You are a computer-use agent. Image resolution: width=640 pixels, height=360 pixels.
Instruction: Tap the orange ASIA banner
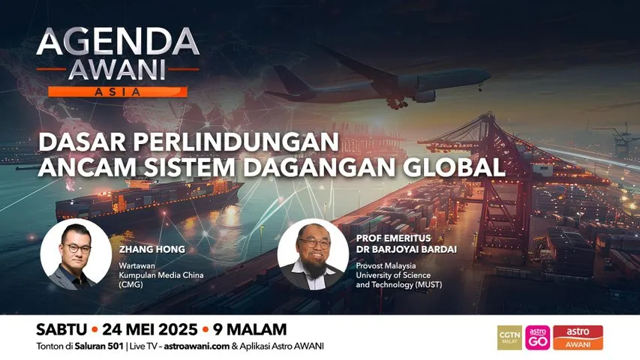pos(117,91)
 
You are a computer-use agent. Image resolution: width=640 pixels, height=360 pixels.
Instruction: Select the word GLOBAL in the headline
pos(457,166)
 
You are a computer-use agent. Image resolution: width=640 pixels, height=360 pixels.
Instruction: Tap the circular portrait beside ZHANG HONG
pos(76,255)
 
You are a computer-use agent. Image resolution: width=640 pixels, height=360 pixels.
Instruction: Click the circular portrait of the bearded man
pos(312,255)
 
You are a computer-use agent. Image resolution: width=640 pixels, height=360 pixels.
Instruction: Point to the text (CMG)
pos(131,285)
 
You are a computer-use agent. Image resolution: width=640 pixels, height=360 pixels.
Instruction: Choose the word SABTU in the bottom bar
pos(61,330)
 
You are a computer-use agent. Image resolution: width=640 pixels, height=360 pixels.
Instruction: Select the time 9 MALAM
pos(250,330)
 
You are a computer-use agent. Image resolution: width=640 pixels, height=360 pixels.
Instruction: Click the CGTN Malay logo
pos(509,337)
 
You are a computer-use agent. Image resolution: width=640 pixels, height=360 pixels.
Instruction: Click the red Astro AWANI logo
pos(578,337)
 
